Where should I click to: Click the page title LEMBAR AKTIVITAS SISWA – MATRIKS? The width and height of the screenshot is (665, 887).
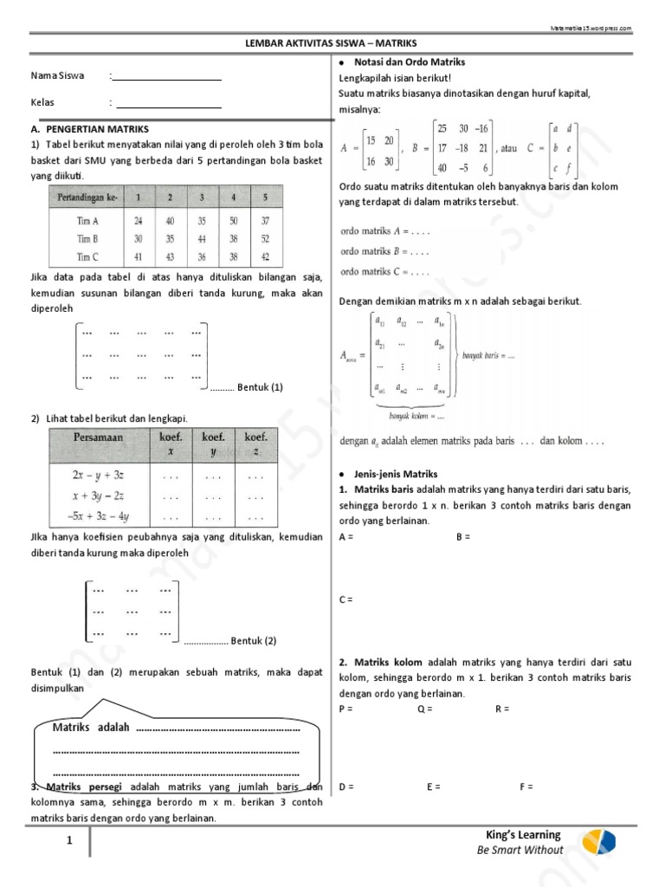click(332, 42)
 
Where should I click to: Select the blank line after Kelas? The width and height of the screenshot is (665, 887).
click(167, 107)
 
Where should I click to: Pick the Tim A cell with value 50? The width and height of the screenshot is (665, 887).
click(233, 221)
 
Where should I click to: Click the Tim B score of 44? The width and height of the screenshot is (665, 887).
click(202, 239)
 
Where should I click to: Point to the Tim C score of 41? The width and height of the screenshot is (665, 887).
click(139, 256)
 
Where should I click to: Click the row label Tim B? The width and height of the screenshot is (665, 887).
click(87, 239)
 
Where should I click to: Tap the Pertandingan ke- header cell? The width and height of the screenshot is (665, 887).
click(87, 197)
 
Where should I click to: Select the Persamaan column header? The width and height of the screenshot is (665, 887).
click(99, 437)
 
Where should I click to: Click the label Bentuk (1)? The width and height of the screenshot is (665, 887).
click(260, 387)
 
